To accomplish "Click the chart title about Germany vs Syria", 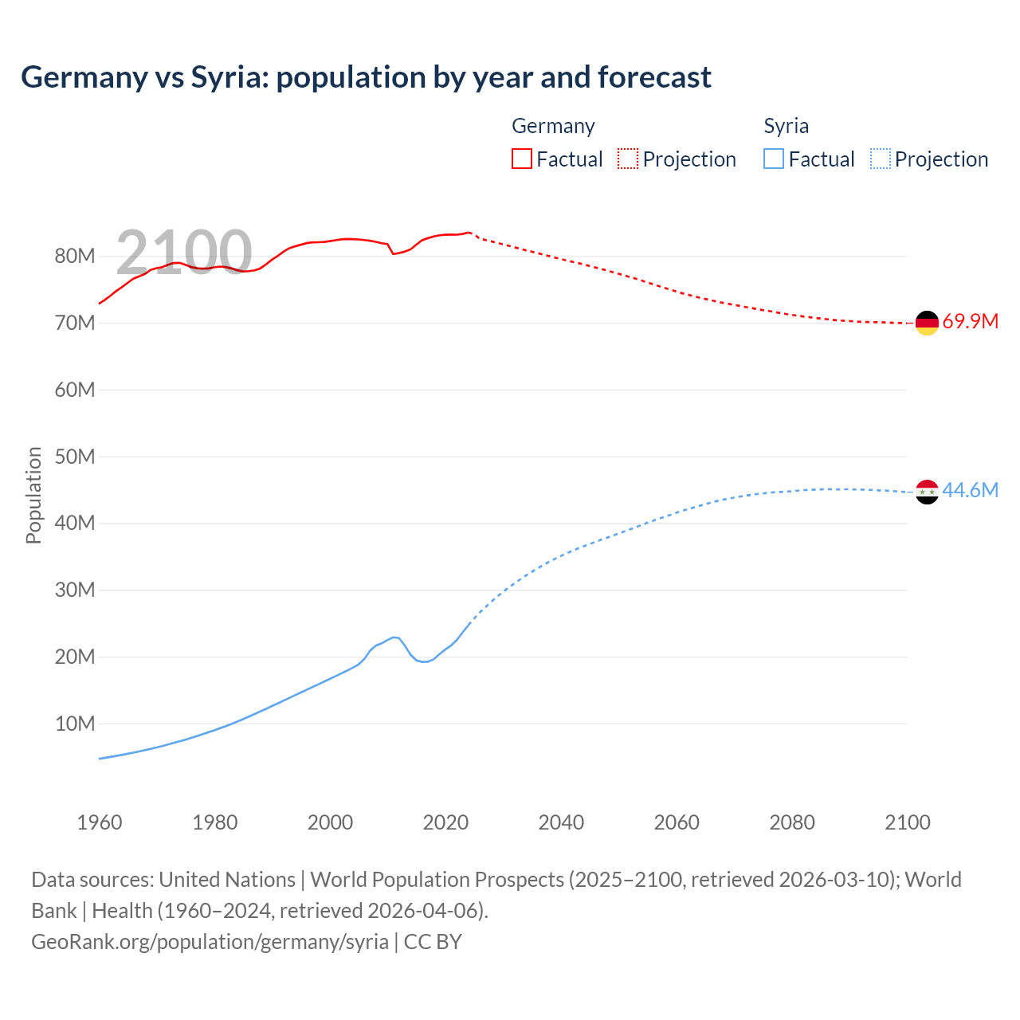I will tap(366, 77).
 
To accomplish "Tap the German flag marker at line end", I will tap(927, 323).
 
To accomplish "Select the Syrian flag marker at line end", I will tap(927, 492).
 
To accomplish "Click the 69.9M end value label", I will tap(970, 322).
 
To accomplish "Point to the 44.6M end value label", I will tap(970, 490).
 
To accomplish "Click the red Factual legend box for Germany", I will tap(521, 159).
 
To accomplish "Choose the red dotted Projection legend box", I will tap(628, 159).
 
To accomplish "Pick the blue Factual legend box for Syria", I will tap(773, 159).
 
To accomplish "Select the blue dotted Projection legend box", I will tap(880, 159).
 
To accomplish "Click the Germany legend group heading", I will tap(553, 126).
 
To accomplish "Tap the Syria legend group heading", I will tap(786, 126).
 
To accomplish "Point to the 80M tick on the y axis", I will tap(75, 257).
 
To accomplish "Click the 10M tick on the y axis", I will tap(75, 724).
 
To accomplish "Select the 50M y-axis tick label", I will tap(75, 457).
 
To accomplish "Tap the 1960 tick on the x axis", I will tap(100, 822).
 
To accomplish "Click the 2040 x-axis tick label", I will tap(561, 822).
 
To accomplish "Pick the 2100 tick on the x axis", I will tap(907, 822).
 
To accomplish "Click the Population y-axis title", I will tap(33, 495).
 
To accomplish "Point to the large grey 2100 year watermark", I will tap(184, 253).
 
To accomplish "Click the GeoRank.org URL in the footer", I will tap(210, 942).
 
